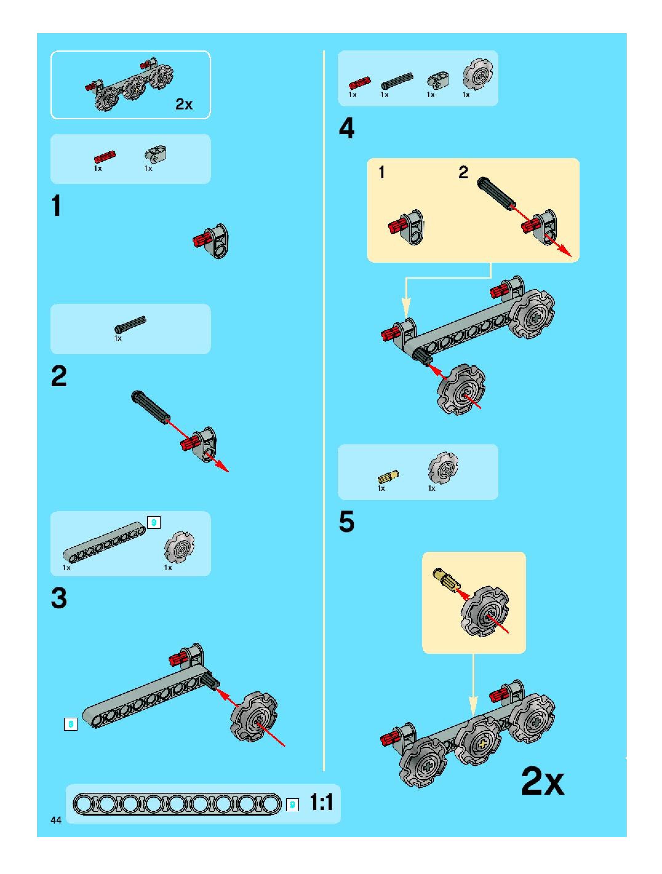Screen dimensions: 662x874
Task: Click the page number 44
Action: pos(56,820)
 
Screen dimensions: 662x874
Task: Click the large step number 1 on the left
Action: pos(57,206)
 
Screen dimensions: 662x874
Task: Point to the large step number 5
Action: pos(347,522)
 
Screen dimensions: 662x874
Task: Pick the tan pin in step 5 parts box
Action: pos(388,477)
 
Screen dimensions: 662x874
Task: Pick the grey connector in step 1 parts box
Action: pos(155,154)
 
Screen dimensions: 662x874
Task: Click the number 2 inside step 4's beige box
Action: pos(463,172)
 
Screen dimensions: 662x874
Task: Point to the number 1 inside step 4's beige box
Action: pos(381,172)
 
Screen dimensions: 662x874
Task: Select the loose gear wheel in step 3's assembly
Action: pos(254,717)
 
